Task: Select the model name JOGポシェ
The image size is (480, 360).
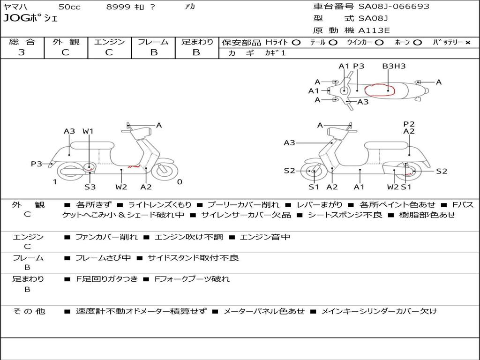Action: (x=30, y=19)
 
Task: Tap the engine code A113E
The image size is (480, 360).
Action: (x=374, y=31)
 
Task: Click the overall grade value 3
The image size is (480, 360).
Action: (x=22, y=52)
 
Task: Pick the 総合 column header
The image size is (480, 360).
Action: (x=22, y=42)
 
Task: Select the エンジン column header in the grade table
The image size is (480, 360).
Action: (x=109, y=42)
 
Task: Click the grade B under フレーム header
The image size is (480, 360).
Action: (x=154, y=52)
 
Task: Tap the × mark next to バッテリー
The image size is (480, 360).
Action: (x=467, y=42)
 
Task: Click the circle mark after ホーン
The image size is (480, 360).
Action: (x=417, y=42)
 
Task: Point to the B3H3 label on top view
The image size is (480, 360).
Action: (x=394, y=66)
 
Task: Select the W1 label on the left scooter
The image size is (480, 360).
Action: (x=88, y=131)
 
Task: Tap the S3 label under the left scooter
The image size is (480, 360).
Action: (x=90, y=187)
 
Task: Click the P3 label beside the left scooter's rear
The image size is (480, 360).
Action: (x=37, y=164)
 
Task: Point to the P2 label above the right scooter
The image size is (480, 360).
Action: (x=409, y=124)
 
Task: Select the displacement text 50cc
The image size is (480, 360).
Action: (x=69, y=7)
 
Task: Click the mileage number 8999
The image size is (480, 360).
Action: (x=119, y=7)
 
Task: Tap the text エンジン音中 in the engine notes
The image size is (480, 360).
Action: (x=265, y=237)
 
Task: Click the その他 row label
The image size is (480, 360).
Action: (x=28, y=311)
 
